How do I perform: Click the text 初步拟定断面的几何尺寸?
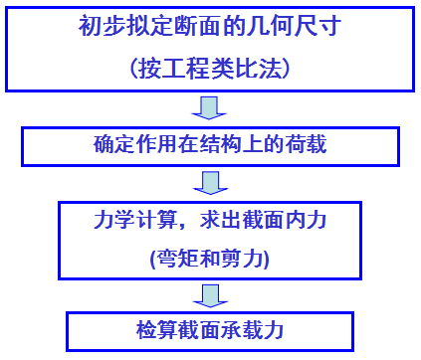click(209, 27)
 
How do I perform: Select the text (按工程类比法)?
click(209, 68)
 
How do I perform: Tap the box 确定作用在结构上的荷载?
click(210, 146)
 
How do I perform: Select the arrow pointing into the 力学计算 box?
click(210, 183)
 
